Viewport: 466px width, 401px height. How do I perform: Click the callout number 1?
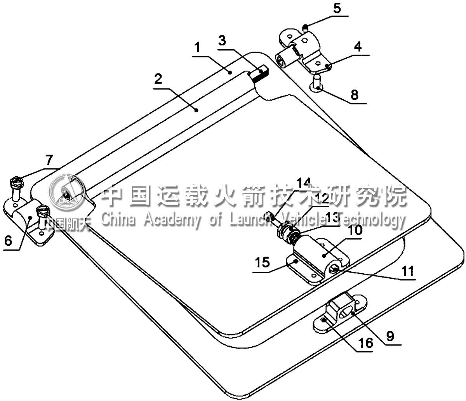pyautogui.click(x=198, y=48)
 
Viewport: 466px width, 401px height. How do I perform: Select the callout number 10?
pyautogui.click(x=355, y=230)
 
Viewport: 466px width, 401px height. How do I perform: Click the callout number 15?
pyautogui.click(x=263, y=262)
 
